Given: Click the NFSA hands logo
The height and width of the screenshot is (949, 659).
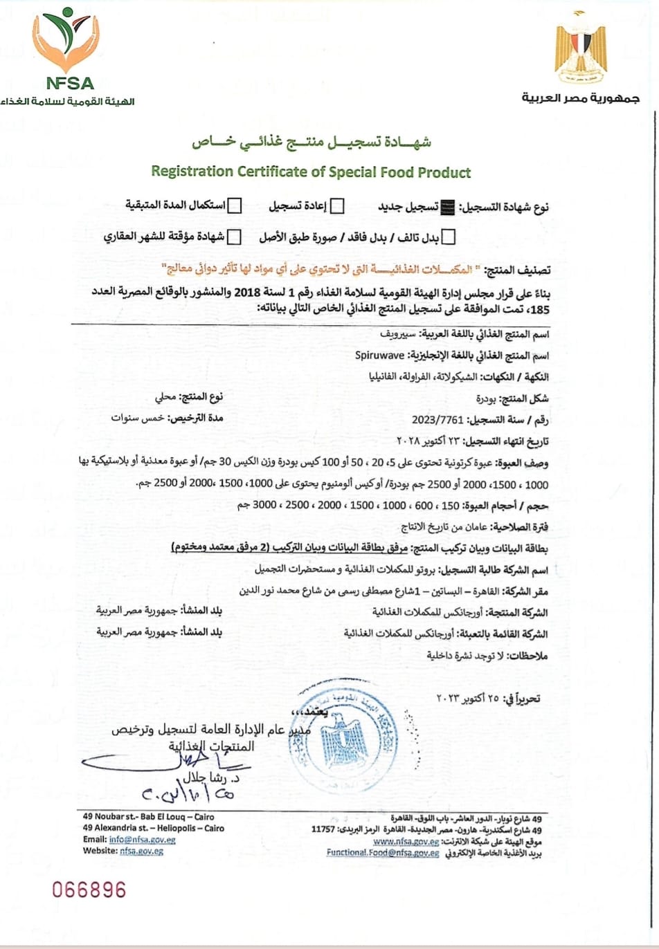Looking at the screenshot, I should point(65,40).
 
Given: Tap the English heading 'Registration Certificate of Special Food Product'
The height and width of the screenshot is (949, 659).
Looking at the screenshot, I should point(311,172).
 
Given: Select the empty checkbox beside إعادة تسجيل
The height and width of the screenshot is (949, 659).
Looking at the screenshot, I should point(338,206).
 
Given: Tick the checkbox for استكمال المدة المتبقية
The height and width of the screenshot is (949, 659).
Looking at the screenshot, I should point(235,205).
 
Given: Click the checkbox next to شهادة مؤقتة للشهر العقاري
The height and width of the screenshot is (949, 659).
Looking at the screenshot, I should point(234,237).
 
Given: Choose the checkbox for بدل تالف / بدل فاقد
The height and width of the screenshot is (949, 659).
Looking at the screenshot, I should point(449,237).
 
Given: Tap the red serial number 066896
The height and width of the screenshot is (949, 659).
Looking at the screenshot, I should point(89,890).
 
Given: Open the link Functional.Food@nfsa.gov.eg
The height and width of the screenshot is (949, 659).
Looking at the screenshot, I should point(383,853).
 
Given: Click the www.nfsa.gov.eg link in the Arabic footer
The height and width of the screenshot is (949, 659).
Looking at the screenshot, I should point(406,841).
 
